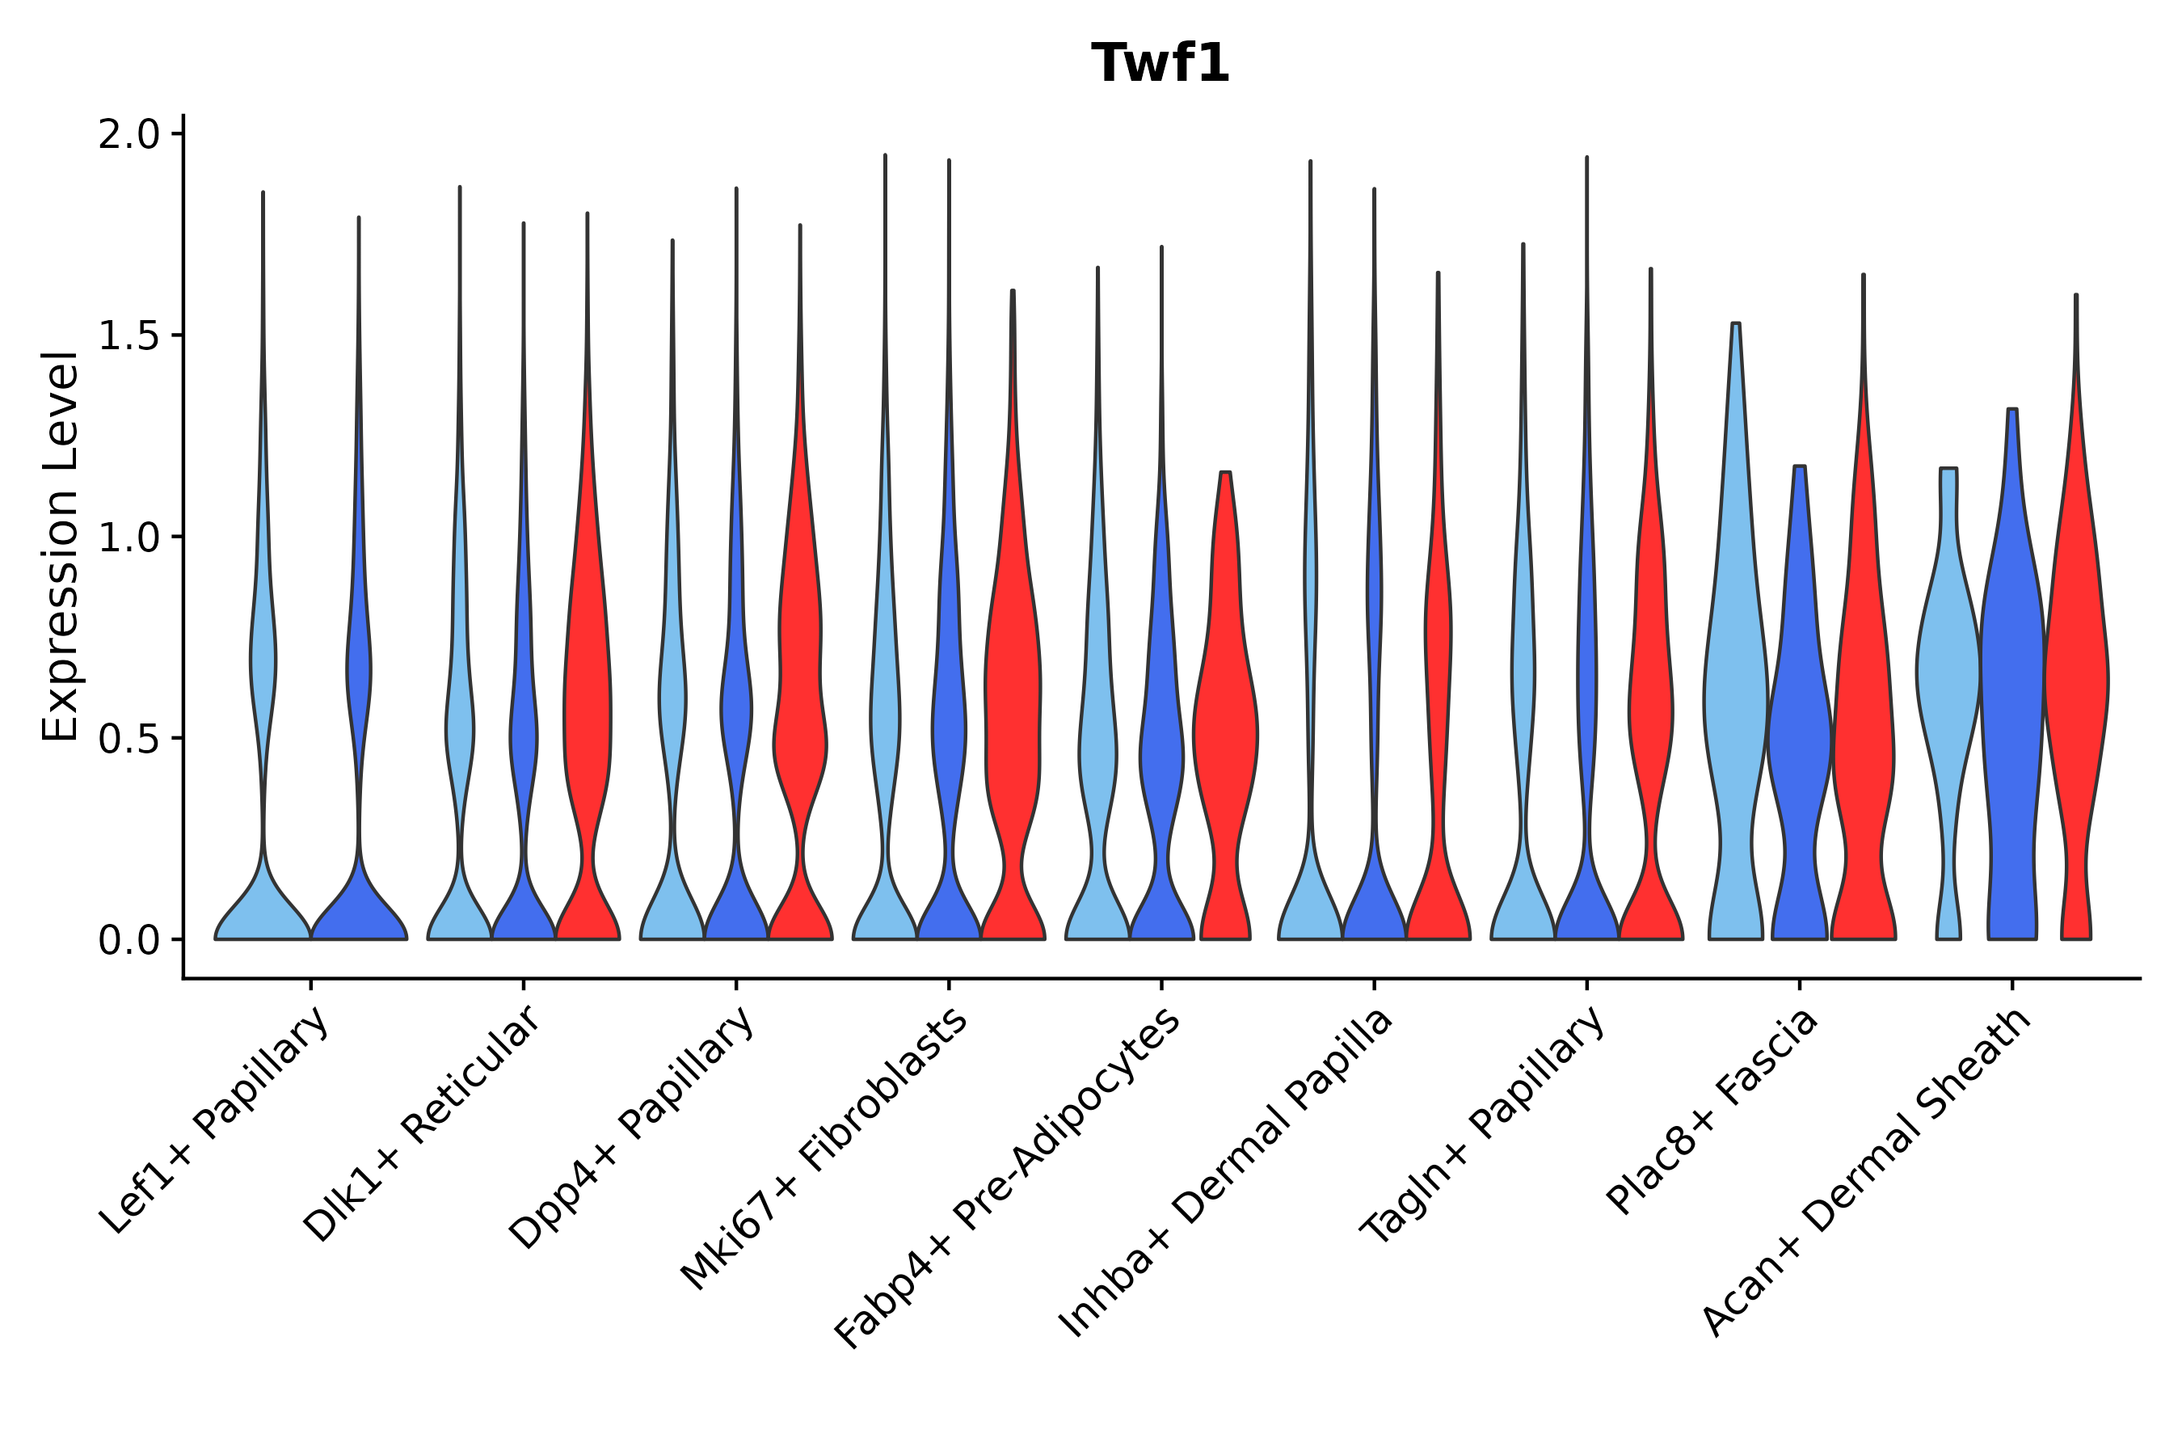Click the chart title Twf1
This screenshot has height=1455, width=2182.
(1160, 64)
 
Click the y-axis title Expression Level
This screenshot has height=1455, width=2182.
(61, 546)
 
